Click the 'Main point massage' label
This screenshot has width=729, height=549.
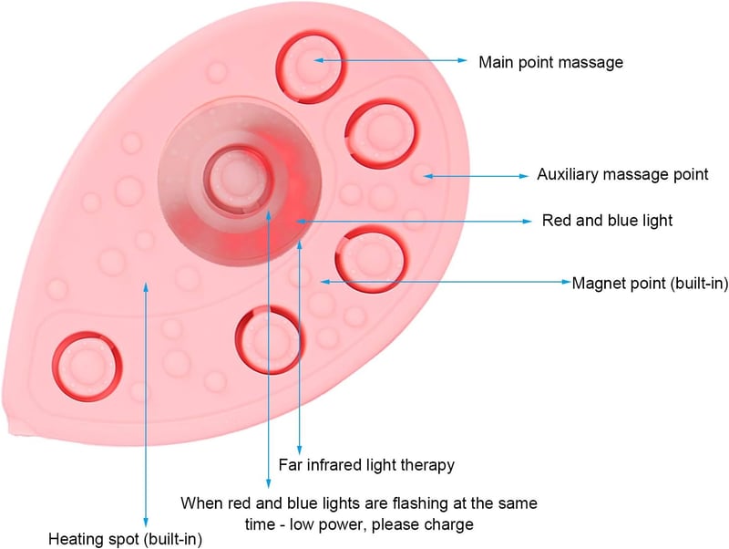pos(551,62)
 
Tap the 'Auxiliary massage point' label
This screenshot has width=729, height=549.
pos(622,174)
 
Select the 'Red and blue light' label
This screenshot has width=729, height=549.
pos(607,220)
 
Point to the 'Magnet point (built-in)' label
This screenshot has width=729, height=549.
pos(650,283)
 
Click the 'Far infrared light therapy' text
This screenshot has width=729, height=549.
pos(366,465)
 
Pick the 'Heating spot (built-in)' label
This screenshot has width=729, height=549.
pos(126,539)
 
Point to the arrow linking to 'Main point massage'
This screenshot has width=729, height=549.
pos(390,60)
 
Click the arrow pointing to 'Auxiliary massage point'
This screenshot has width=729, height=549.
pos(476,176)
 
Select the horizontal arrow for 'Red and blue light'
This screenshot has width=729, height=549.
pos(414,222)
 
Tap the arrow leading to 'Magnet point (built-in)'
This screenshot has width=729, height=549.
pos(446,282)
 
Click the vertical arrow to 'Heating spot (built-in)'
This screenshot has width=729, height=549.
pos(146,404)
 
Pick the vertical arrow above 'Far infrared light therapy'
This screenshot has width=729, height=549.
pos(300,347)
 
